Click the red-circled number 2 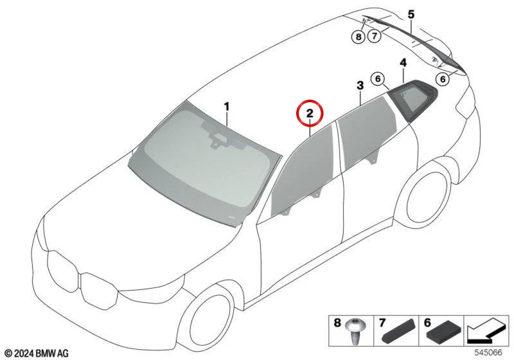coord(310,113)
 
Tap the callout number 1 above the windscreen coord(227,107)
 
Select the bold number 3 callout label coord(360,85)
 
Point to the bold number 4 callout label coord(403,62)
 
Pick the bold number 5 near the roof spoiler coord(411,15)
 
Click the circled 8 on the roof coord(359,37)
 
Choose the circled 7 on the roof coord(375,35)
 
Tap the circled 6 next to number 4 coord(378,79)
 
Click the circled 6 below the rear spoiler coord(443,79)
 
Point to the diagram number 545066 coord(488,352)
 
